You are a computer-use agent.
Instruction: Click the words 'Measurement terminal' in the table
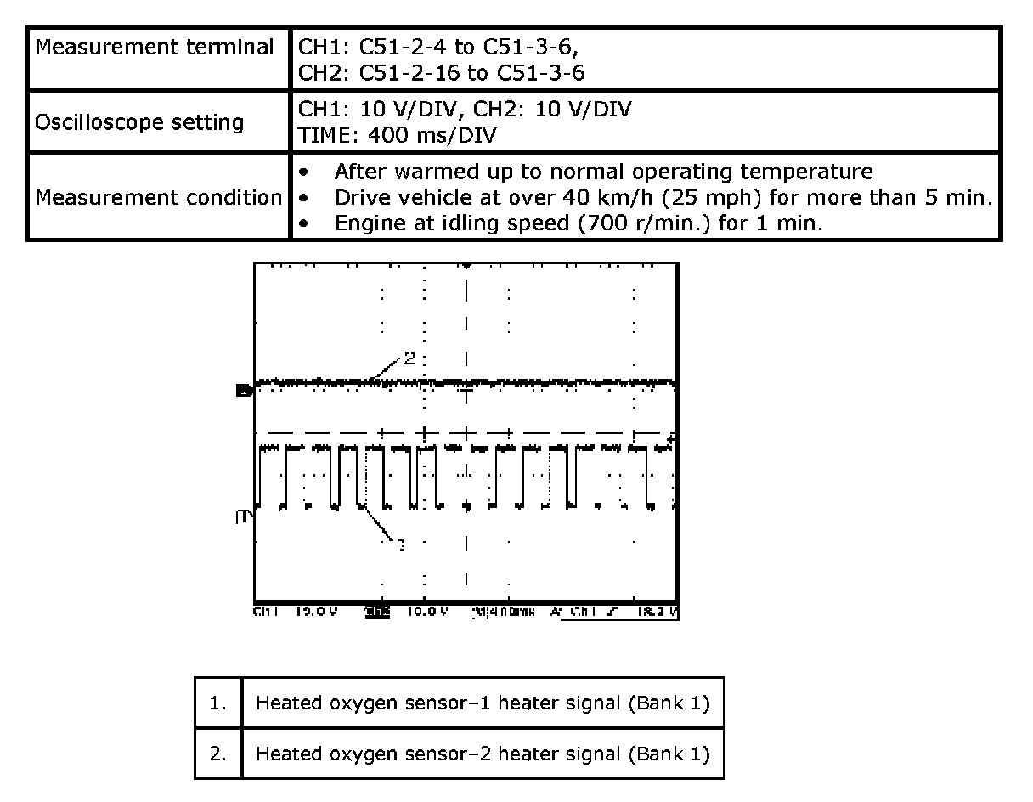pyautogui.click(x=155, y=48)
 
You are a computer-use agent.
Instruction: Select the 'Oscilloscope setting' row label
pyautogui.click(x=139, y=122)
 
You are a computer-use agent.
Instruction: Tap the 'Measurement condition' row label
pyautogui.click(x=158, y=198)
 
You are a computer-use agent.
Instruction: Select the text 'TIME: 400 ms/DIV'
pyautogui.click(x=398, y=134)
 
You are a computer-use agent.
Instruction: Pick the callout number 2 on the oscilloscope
pyautogui.click(x=409, y=358)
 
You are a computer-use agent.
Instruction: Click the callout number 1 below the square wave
pyautogui.click(x=401, y=544)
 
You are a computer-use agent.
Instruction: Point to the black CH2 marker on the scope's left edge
pyautogui.click(x=242, y=391)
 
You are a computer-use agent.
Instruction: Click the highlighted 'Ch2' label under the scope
pyautogui.click(x=377, y=612)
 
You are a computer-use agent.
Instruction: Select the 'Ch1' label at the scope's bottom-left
pyautogui.click(x=267, y=612)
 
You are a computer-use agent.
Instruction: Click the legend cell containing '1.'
pyautogui.click(x=218, y=703)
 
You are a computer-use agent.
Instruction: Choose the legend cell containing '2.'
pyautogui.click(x=218, y=754)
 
